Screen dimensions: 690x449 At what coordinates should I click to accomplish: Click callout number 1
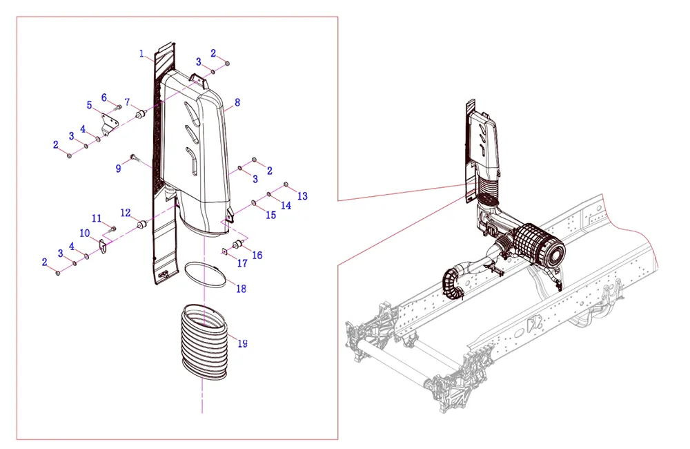pyautogui.click(x=141, y=53)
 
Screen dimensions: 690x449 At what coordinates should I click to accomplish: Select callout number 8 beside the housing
pyautogui.click(x=237, y=102)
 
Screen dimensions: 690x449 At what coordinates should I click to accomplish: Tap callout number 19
pyautogui.click(x=242, y=343)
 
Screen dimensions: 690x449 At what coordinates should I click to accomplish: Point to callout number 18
pyautogui.click(x=241, y=289)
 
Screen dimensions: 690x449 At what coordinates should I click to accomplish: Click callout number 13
pyautogui.click(x=302, y=197)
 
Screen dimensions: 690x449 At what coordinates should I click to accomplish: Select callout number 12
pyautogui.click(x=126, y=212)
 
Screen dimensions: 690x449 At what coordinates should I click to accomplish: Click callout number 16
pyautogui.click(x=257, y=255)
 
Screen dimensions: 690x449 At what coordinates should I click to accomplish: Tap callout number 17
pyautogui.click(x=242, y=263)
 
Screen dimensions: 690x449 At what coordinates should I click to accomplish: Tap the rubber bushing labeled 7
pyautogui.click(x=141, y=112)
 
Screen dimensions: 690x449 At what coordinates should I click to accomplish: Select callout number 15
pyautogui.click(x=270, y=215)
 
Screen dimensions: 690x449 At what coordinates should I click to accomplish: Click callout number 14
pyautogui.click(x=286, y=205)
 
